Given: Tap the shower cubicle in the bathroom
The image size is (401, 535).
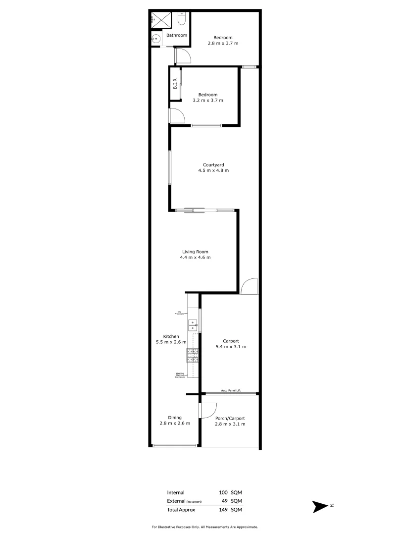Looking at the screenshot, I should (160, 20).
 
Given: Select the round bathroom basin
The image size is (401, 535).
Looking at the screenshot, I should (156, 38).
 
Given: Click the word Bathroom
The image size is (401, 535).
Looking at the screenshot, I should (176, 35).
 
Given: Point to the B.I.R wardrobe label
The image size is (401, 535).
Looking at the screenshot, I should (175, 85).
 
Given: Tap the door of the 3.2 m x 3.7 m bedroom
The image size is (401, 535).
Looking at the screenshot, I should (177, 114).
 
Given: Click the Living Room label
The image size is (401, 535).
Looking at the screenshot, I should (195, 252).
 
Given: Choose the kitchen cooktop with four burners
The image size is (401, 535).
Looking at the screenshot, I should (192, 355).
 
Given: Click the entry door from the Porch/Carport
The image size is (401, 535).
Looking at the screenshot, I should (207, 411).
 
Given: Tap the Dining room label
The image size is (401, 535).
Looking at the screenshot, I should (174, 418).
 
